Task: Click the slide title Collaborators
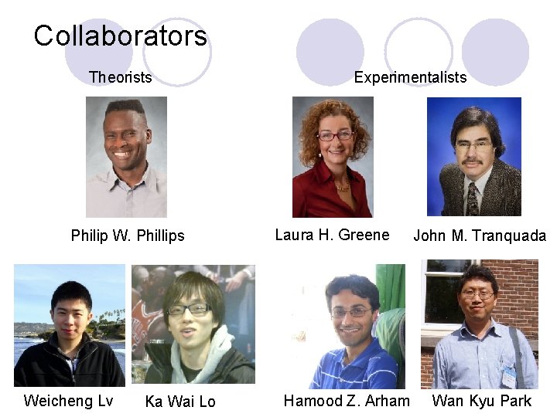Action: click(120, 36)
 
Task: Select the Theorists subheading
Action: click(120, 77)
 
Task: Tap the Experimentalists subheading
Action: click(410, 77)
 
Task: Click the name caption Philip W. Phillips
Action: click(128, 236)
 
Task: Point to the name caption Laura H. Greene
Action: click(332, 235)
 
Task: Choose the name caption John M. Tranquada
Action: click(480, 236)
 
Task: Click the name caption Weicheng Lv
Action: click(68, 400)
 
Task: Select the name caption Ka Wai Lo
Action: click(180, 402)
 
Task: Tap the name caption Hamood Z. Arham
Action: click(347, 400)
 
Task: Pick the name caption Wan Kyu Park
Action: click(482, 400)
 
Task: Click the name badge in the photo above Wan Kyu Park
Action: click(508, 376)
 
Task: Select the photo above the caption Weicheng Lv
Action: click(69, 325)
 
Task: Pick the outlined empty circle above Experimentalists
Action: click(418, 50)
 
